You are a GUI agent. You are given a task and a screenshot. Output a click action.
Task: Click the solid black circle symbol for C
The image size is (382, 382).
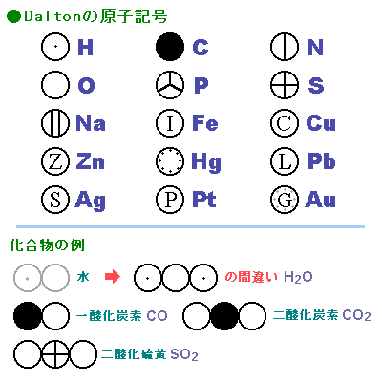click(170, 47)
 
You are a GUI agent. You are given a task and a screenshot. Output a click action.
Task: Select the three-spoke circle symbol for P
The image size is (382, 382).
click(170, 85)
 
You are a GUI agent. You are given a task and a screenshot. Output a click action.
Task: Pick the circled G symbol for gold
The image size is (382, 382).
click(285, 200)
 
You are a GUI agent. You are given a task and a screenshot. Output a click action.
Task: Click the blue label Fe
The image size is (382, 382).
click(205, 123)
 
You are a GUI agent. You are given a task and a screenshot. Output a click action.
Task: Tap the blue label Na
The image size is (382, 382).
click(91, 123)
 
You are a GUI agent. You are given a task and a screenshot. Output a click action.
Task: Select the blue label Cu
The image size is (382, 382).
click(321, 123)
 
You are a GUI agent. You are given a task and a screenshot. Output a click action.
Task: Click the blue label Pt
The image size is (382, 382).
click(204, 200)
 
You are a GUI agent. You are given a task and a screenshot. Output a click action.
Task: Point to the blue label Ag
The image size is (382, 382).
click(90, 201)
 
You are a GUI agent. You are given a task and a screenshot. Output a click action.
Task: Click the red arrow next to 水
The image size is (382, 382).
click(113, 277)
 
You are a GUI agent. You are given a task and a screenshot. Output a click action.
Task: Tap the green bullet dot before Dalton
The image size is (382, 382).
click(13, 16)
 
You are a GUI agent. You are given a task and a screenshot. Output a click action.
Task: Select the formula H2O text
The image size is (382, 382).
click(298, 277)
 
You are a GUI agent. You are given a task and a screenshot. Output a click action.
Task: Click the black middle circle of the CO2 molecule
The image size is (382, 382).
click(224, 315)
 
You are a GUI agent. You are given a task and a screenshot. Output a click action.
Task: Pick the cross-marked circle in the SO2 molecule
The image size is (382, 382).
click(55, 354)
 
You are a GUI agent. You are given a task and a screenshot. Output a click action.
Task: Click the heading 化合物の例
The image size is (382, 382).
click(47, 245)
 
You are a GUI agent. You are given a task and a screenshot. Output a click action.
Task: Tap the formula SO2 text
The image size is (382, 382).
click(184, 354)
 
